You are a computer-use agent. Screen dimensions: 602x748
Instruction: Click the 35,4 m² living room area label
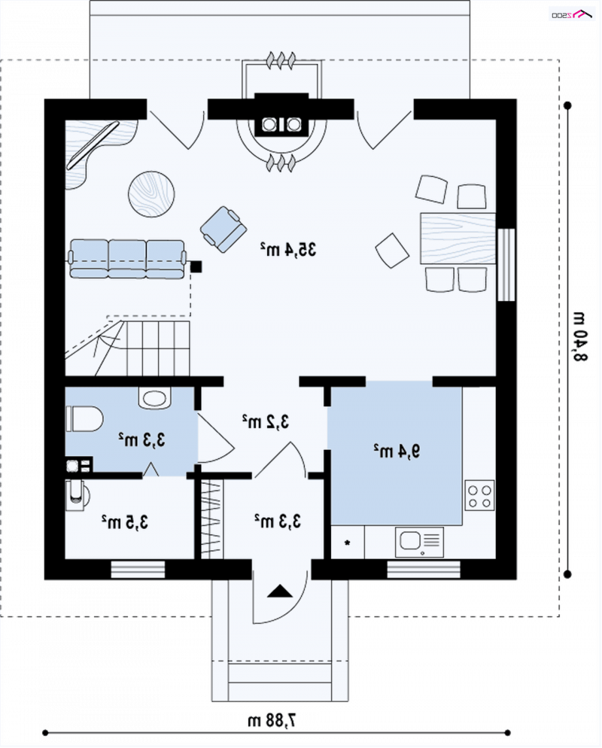click(x=288, y=249)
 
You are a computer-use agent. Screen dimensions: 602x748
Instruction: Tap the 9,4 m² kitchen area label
click(x=397, y=450)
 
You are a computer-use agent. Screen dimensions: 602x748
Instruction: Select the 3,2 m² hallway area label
click(x=265, y=421)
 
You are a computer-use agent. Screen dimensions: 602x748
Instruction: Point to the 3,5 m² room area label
click(x=124, y=522)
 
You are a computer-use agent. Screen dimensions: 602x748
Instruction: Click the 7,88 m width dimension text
click(x=272, y=719)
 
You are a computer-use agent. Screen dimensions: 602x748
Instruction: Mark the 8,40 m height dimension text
click(x=579, y=337)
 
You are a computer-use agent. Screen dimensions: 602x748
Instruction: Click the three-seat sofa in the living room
click(x=127, y=259)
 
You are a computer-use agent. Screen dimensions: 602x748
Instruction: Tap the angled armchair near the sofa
click(x=223, y=229)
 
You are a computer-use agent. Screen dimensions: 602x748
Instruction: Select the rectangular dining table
click(x=458, y=239)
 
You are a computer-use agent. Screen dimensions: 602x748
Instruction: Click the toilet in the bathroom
click(x=84, y=419)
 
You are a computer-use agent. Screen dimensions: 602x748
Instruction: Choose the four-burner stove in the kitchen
click(x=479, y=496)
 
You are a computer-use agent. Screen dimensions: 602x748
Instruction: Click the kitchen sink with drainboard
click(x=419, y=542)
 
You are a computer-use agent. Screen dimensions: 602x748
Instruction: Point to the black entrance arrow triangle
click(x=279, y=591)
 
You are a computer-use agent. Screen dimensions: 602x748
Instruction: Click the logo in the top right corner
click(x=572, y=14)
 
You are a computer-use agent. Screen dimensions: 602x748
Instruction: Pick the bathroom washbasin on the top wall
click(x=155, y=398)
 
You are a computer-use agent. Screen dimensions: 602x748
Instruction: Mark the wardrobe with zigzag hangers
click(x=211, y=518)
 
